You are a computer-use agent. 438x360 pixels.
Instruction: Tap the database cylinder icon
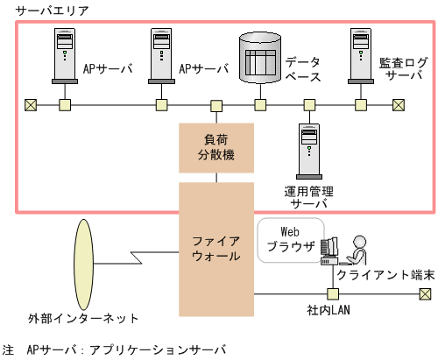tap(259, 59)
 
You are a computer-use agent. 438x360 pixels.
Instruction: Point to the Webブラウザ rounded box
tap(290, 239)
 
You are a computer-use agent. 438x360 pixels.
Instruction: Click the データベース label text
tap(302, 69)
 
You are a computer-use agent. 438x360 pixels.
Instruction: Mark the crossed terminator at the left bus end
tap(31, 106)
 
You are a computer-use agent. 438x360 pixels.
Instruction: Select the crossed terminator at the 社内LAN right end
tap(425, 294)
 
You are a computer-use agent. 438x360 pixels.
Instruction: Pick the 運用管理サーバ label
tap(309, 197)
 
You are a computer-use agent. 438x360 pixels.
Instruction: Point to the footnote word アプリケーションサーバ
tap(157, 349)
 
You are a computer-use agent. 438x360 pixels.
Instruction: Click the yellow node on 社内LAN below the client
tap(332, 294)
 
